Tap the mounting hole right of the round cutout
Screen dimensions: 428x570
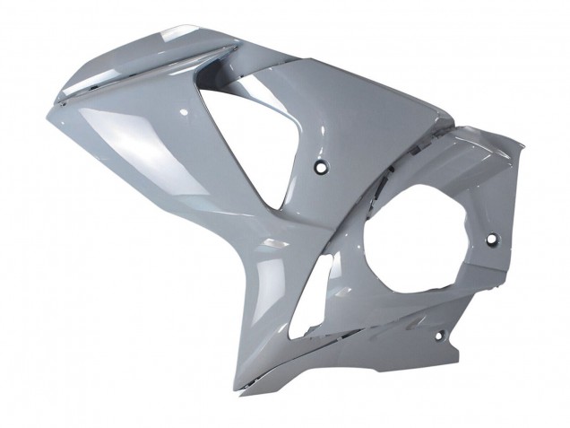pos(490,240)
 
